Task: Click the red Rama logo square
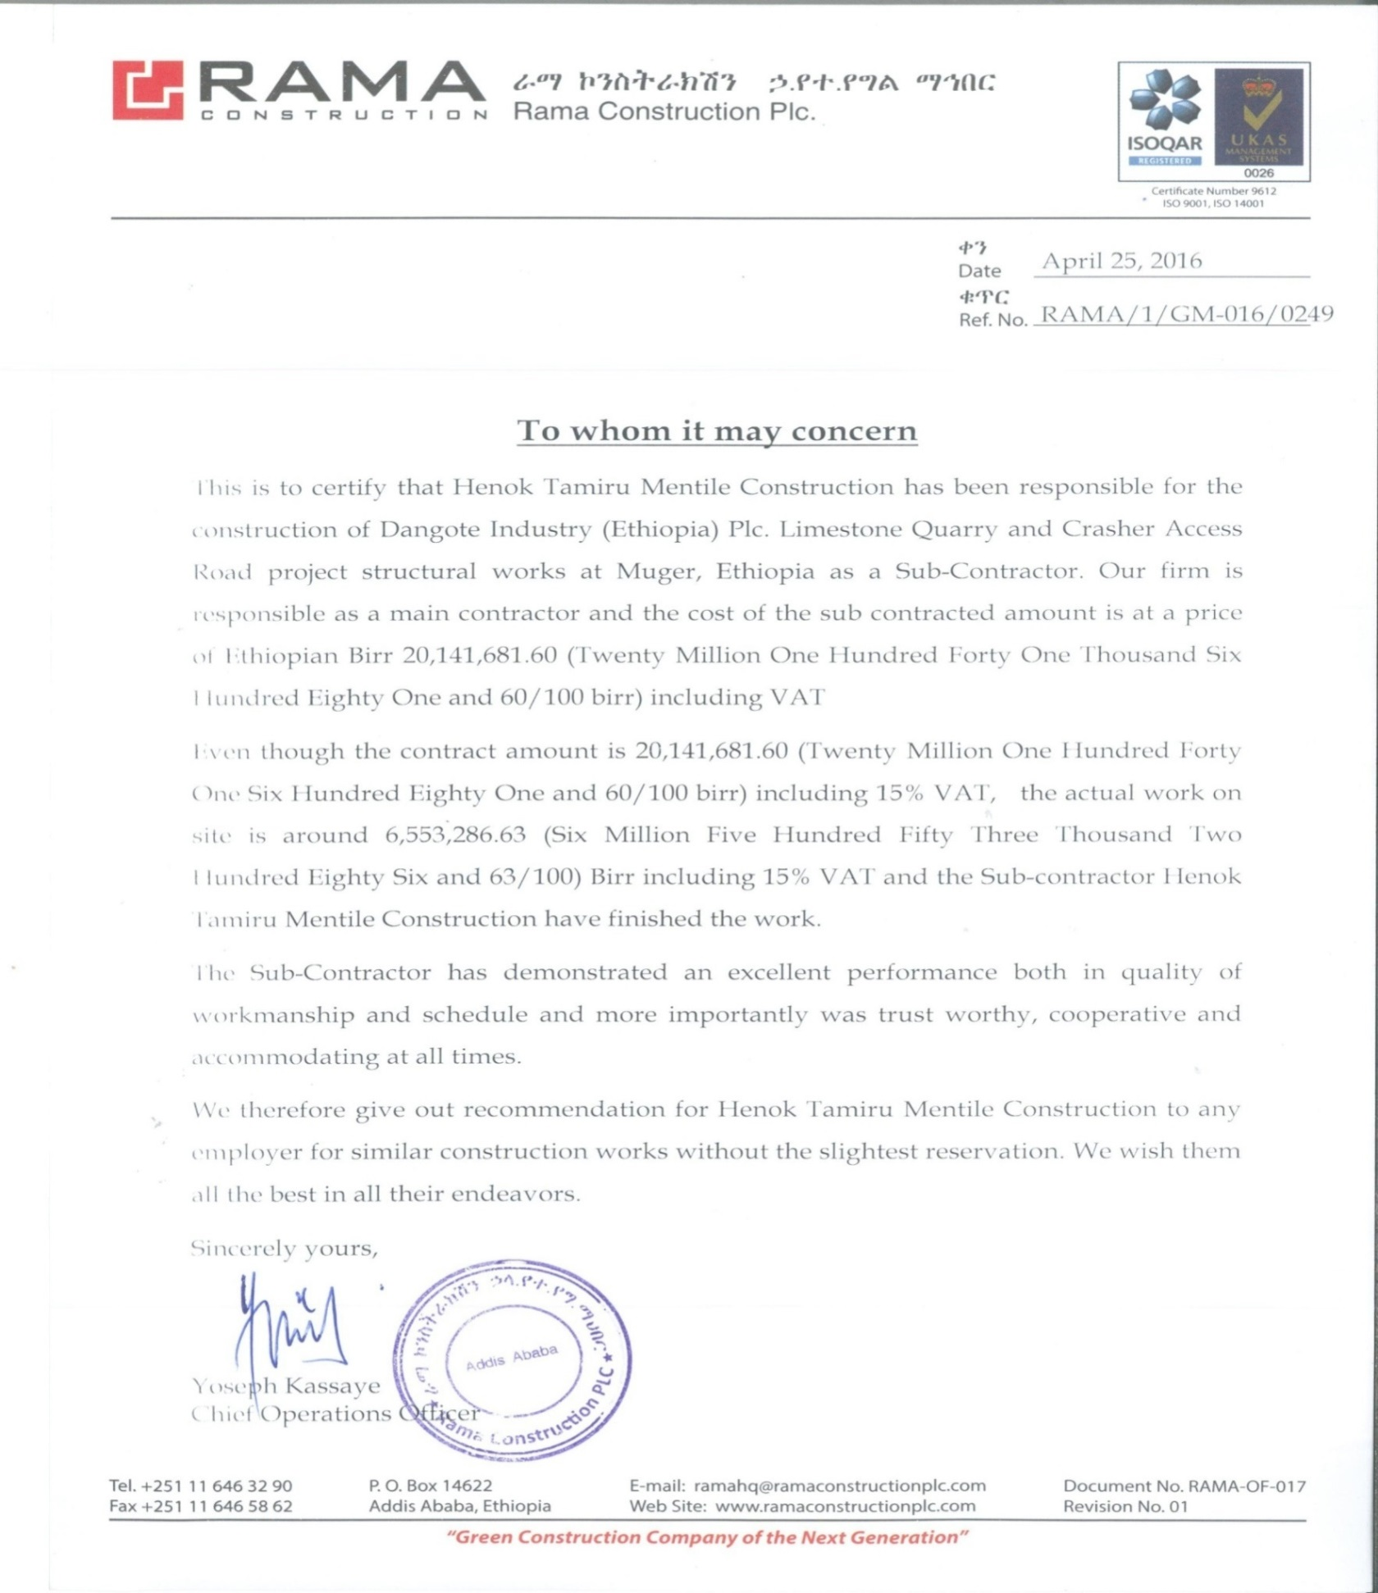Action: [x=148, y=90]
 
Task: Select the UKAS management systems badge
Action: [x=1258, y=119]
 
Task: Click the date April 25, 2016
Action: [x=1121, y=261]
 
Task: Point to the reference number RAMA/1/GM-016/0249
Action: [x=1186, y=314]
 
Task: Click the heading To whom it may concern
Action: [x=716, y=430]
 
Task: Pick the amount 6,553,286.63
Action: [x=455, y=835]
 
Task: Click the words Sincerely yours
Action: [x=284, y=1249]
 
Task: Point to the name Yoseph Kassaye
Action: [x=286, y=1386]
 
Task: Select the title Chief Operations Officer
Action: [x=335, y=1414]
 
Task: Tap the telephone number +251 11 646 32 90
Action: [x=217, y=1486]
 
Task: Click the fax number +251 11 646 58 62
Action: [x=217, y=1506]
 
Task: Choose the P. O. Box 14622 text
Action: [x=430, y=1486]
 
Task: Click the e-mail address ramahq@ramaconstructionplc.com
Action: [x=839, y=1486]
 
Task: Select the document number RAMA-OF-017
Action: [x=1246, y=1486]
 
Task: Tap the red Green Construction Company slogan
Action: [x=707, y=1537]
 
